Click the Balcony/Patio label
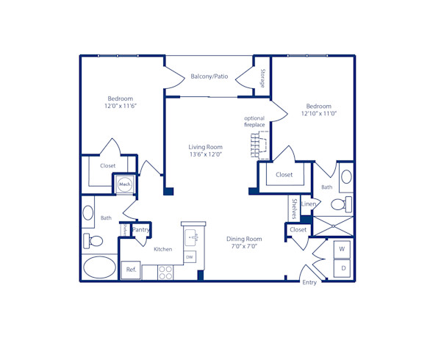click(x=209, y=76)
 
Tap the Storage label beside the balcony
click(x=262, y=78)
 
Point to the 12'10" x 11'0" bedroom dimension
click(x=318, y=114)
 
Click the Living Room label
click(x=205, y=147)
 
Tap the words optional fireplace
click(x=254, y=122)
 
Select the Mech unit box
click(x=124, y=184)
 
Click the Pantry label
click(x=141, y=230)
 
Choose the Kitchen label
click(x=162, y=249)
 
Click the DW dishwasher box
click(x=189, y=256)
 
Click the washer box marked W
click(x=342, y=250)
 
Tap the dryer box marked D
click(x=342, y=269)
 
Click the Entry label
click(x=309, y=283)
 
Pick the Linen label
click(x=309, y=204)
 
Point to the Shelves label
click(x=294, y=208)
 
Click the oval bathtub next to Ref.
click(x=99, y=267)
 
